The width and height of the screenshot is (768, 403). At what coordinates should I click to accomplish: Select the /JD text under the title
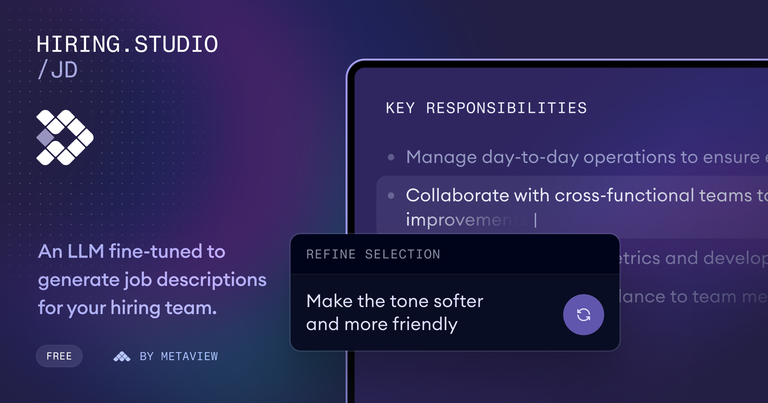click(58, 70)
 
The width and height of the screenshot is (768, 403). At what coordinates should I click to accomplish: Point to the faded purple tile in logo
click(45, 138)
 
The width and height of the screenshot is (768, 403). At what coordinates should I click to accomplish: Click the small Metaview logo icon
click(122, 356)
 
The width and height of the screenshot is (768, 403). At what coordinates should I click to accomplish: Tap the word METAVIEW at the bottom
click(189, 356)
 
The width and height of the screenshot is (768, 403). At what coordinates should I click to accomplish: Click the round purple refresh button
click(583, 315)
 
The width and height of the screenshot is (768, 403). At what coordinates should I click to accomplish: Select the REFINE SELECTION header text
click(373, 254)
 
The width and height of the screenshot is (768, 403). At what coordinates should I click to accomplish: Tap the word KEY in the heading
click(400, 108)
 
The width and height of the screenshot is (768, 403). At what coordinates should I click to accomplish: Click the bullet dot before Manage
click(391, 157)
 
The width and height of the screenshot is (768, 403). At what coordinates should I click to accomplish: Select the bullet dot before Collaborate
click(391, 195)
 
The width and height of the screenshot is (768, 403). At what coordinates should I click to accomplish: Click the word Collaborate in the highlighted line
click(458, 195)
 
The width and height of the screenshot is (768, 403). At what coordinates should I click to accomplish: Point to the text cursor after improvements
click(535, 220)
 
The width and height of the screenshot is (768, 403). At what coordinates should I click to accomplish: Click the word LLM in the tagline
click(86, 251)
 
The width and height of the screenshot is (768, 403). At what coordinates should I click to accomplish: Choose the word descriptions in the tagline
click(211, 280)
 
